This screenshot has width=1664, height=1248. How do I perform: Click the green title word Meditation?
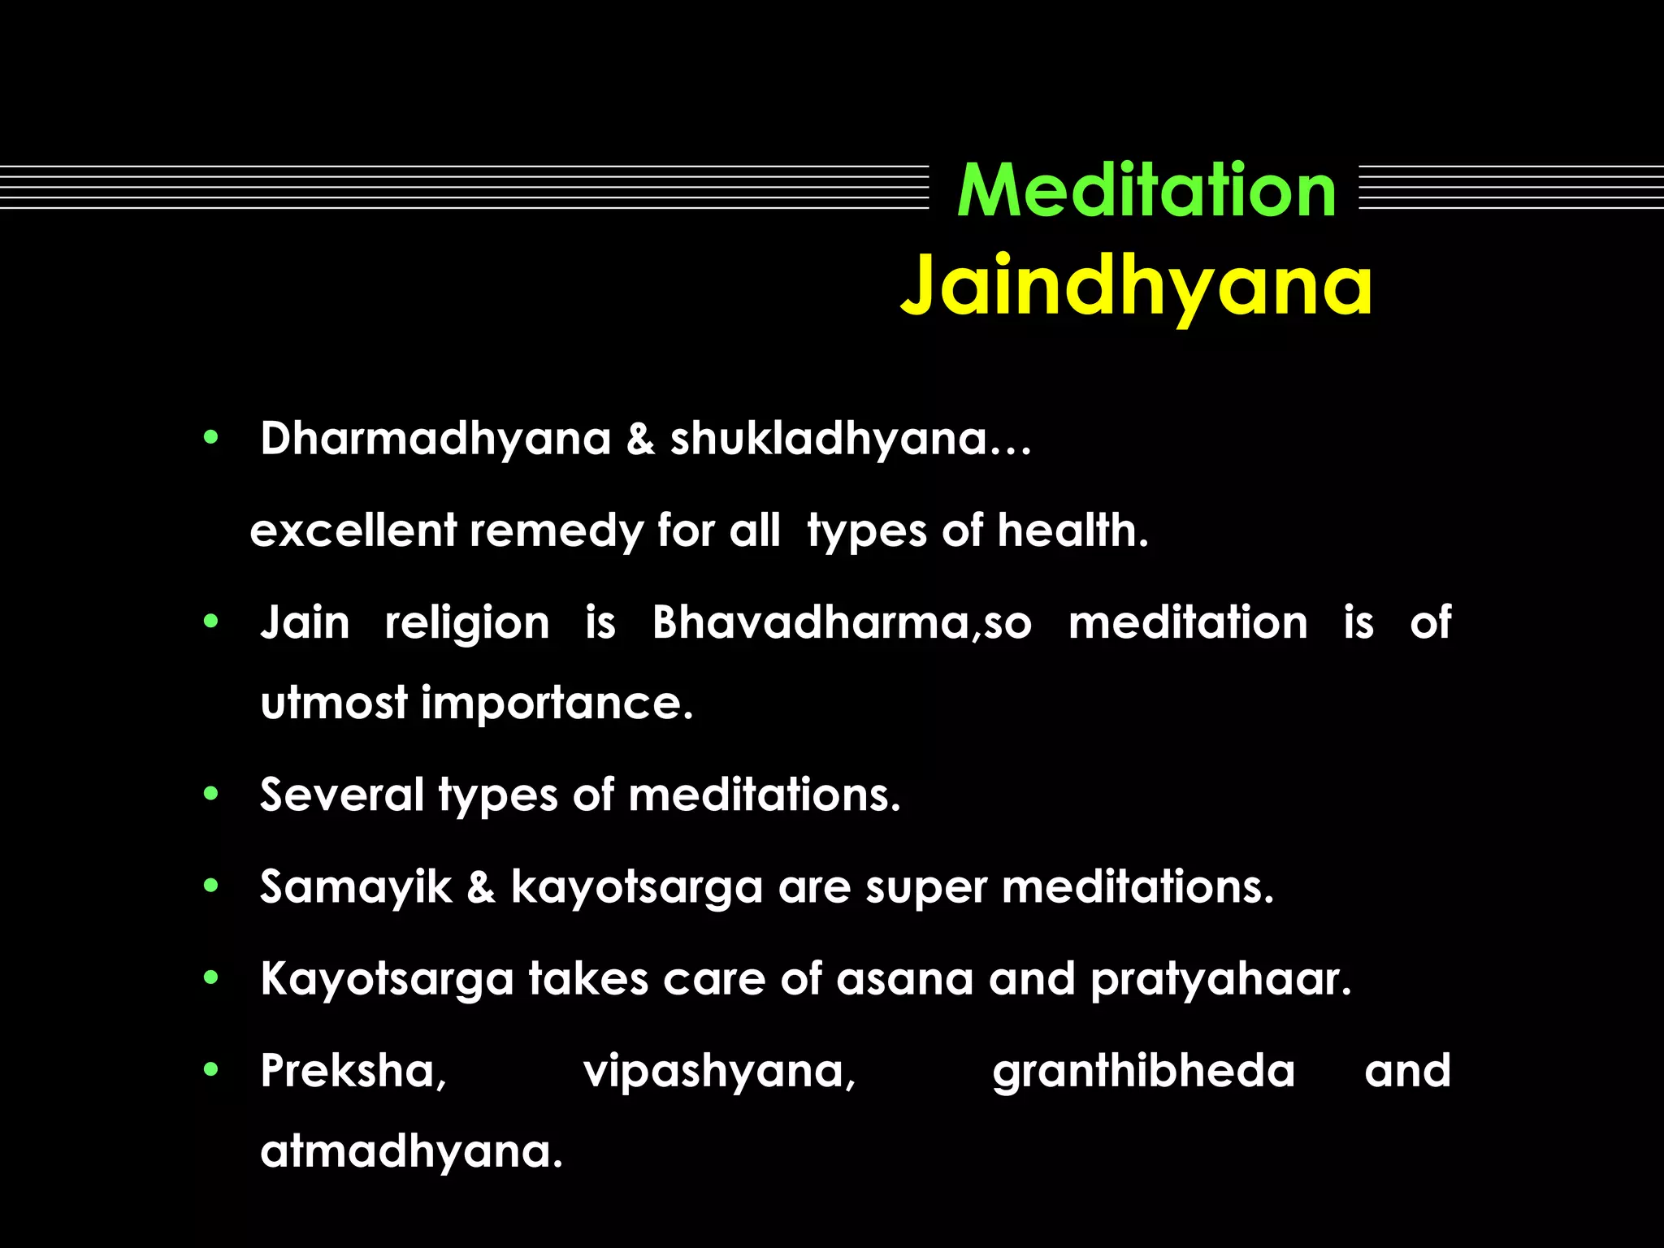point(1146,191)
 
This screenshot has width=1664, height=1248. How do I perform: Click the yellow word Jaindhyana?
point(1136,287)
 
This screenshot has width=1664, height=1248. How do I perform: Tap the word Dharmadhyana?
point(435,440)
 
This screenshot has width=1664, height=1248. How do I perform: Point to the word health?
point(1071,531)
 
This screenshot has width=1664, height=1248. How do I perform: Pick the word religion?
point(467,625)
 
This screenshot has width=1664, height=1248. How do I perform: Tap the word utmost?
point(333,703)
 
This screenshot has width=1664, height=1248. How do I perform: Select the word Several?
point(341,795)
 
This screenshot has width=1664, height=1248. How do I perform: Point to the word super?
point(925,888)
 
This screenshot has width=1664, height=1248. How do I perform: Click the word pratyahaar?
point(1219,980)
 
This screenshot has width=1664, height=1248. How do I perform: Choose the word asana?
point(904,980)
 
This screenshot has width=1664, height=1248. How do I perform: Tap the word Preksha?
point(352,1072)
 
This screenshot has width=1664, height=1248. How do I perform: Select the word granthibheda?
point(1143,1072)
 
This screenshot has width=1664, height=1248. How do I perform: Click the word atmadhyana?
point(410,1152)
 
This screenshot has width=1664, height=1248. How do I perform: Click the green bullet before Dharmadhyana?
point(211,438)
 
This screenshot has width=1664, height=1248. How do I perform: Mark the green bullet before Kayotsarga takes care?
point(211,978)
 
